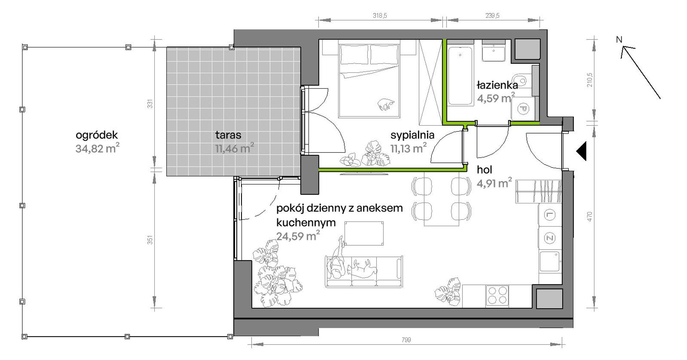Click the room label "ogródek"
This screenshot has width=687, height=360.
click(x=97, y=136)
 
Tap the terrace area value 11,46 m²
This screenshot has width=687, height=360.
click(x=235, y=148)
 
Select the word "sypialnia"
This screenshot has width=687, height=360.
click(x=412, y=135)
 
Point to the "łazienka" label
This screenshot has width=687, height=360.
click(x=497, y=85)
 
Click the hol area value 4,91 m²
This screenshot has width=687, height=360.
click(x=494, y=183)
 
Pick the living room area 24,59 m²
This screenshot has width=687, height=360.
click(x=298, y=236)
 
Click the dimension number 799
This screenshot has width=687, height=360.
click(x=406, y=340)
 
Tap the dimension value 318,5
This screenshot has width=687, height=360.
click(x=380, y=16)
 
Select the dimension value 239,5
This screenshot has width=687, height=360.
click(x=492, y=16)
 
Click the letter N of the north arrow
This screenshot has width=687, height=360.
click(x=619, y=39)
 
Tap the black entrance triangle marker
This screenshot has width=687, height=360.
click(x=581, y=151)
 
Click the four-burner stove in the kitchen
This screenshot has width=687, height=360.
click(x=498, y=295)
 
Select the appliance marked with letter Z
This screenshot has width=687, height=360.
click(x=550, y=238)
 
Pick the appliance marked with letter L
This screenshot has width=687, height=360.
click(x=550, y=216)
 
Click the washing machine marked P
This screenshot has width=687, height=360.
click(x=522, y=108)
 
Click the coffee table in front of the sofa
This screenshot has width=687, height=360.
click(x=364, y=234)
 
